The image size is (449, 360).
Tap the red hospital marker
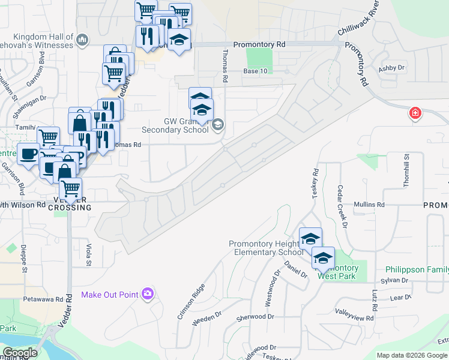tap(414, 113)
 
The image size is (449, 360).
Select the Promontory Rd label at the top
tap(259, 44)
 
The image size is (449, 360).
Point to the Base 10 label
tap(255, 71)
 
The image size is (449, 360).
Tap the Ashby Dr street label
tap(392, 68)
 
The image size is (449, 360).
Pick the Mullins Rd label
tap(369, 205)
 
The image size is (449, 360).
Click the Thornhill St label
tap(406, 170)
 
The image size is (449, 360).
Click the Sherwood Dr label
tap(255, 316)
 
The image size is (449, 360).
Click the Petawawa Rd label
tap(43, 298)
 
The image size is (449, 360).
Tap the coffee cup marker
tap(28, 154)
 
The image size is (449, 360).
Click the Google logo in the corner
tap(20, 353)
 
